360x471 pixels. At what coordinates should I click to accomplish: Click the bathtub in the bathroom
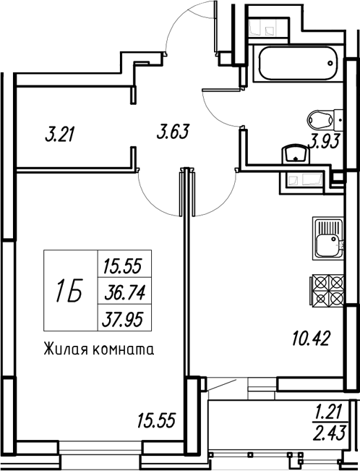tap(298, 64)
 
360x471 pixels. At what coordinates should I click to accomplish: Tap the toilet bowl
tap(321, 119)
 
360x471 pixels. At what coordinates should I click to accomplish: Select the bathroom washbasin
tap(296, 154)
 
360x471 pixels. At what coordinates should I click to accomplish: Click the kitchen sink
tap(327, 238)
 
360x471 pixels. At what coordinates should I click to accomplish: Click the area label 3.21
tap(60, 135)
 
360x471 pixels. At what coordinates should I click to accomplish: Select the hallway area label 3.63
tap(173, 132)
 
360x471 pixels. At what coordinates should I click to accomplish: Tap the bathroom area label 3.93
tap(325, 142)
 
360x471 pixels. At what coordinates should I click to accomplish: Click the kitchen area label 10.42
tap(311, 338)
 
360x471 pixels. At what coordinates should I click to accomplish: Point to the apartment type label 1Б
tap(69, 290)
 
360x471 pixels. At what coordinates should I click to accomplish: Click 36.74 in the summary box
tap(124, 292)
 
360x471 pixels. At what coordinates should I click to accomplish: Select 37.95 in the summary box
tap(122, 319)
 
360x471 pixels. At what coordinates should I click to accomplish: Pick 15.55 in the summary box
tap(122, 266)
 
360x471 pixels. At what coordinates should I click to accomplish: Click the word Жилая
tap(66, 349)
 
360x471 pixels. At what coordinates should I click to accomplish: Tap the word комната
tap(124, 350)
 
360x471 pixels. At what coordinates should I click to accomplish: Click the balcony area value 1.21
tap(327, 412)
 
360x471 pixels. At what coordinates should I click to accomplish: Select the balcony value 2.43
tap(330, 433)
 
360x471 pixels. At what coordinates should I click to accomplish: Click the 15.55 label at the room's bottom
tap(156, 420)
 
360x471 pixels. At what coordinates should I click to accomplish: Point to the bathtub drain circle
tap(330, 64)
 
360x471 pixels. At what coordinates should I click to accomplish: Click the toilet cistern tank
tap(339, 119)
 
